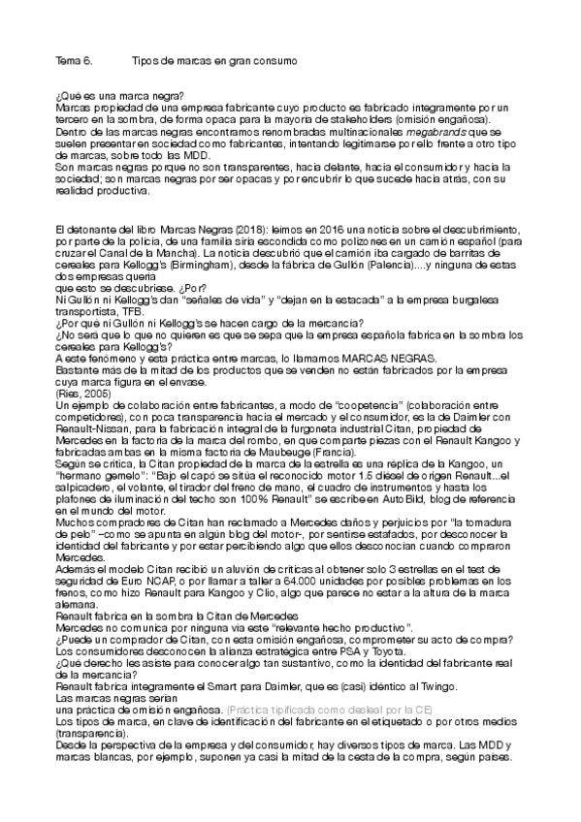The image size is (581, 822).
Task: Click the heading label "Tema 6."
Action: (x=74, y=60)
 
